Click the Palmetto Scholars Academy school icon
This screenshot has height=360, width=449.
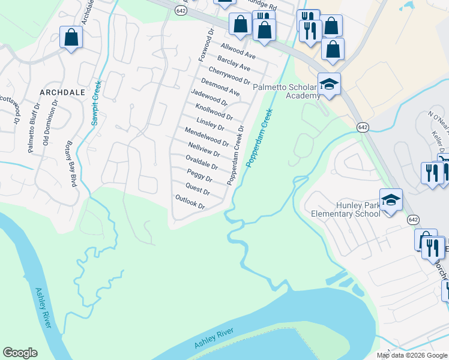(329, 84)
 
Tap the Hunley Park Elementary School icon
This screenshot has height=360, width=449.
(390, 200)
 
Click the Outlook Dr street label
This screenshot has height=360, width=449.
(190, 202)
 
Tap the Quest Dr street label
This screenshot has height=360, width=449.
(198, 189)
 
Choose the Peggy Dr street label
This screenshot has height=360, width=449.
(200, 176)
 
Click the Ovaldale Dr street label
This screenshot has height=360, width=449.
(202, 163)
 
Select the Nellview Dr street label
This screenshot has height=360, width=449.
(204, 150)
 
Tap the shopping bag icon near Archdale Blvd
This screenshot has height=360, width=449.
(71, 38)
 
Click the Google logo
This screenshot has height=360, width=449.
(20, 353)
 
